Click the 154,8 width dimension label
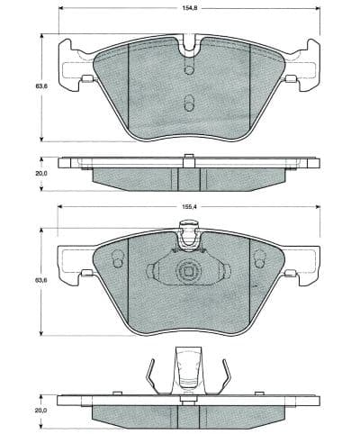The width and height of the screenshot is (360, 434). pos(188,8)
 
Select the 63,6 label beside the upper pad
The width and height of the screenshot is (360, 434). pos(40,86)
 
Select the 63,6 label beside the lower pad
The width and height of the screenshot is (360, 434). pos(40,281)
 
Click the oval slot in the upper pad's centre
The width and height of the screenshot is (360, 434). pos(188,102)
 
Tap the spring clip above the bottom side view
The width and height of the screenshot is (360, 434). pos(188,369)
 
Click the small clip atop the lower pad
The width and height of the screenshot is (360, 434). pos(188,239)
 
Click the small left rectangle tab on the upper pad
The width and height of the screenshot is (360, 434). pos(85,79)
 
